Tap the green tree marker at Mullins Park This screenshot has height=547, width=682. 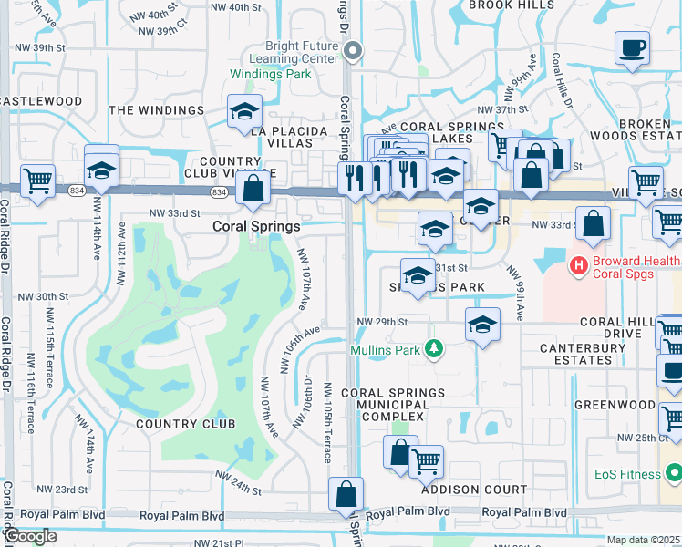435,347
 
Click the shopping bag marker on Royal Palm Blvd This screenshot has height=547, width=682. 346,495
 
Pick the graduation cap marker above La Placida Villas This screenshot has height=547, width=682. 244,112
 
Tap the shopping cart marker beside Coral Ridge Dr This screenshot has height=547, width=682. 37,181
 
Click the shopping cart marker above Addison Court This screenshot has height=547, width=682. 426,461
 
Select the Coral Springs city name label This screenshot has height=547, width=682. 256,226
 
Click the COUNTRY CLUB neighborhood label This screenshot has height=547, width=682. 185,423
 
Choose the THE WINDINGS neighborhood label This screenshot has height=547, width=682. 157,110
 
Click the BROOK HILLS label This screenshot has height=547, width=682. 511,5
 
